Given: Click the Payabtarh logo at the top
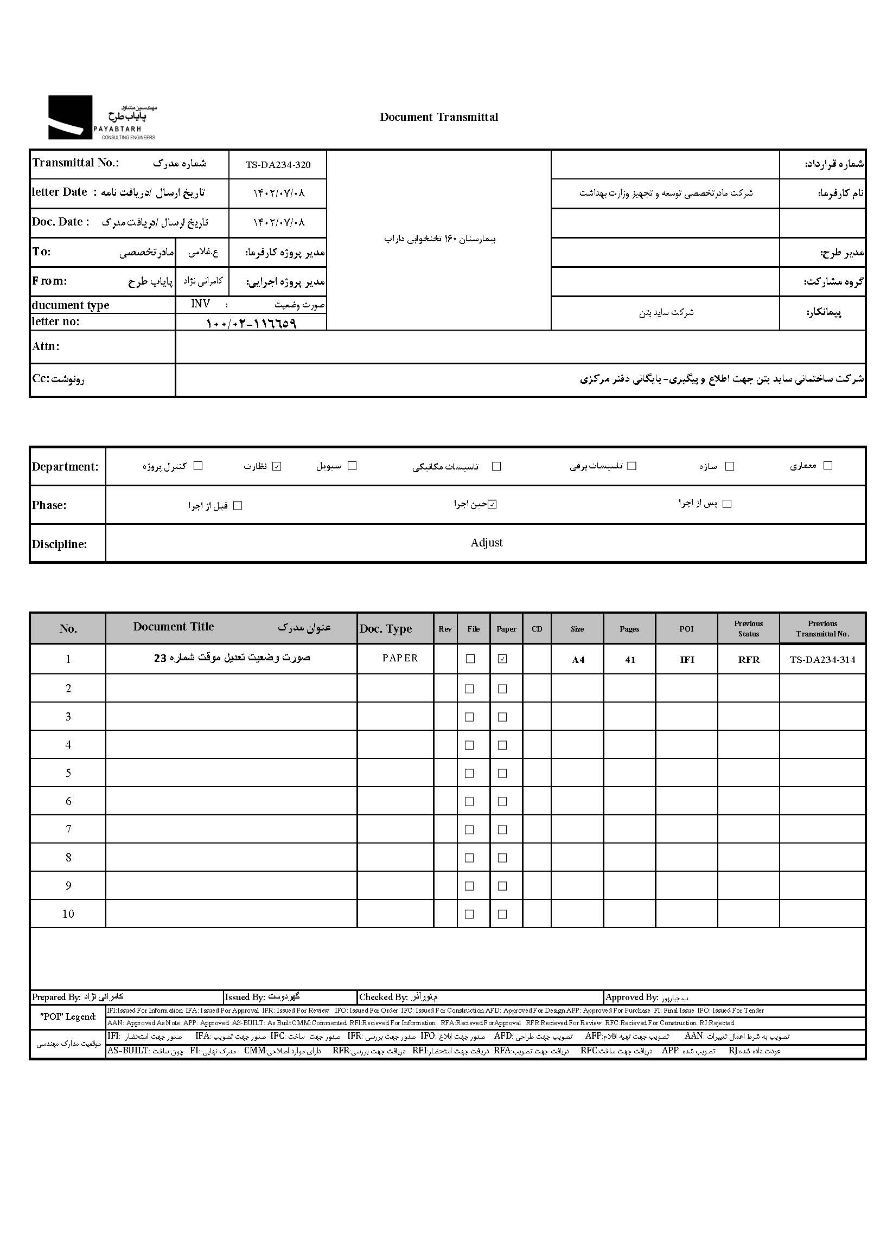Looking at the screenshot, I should point(103,118).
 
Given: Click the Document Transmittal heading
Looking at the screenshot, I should point(439,117).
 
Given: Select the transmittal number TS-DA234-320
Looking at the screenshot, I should point(278,165).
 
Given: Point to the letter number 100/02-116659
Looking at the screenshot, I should point(251,323).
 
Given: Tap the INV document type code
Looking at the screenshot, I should point(200,304).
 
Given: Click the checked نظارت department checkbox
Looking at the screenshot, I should point(277,466).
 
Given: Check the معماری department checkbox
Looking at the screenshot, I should point(827,465).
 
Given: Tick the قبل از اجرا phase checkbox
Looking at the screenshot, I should point(238,505).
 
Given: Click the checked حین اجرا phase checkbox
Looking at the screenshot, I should point(492,504).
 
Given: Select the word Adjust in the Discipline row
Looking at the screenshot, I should point(486,543).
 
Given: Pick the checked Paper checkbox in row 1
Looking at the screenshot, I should point(502,659).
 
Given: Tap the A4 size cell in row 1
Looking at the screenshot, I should point(577,660).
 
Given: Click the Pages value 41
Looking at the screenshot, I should point(630,660).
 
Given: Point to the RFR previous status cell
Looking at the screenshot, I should point(748,660).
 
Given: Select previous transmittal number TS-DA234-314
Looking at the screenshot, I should point(822,660).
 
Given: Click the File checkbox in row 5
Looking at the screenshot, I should point(469,773).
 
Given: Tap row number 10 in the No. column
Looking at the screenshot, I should point(68,914).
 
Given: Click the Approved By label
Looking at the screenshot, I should point(632,997).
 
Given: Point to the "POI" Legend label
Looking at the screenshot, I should point(68,1016).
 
